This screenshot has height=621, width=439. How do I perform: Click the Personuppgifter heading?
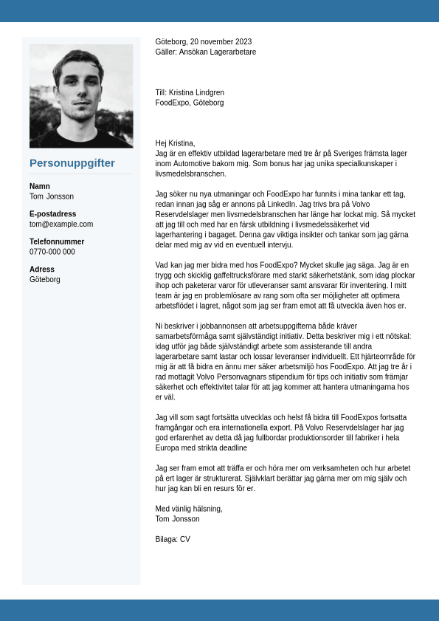pos(72,163)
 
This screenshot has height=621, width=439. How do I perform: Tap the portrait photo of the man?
pos(81,96)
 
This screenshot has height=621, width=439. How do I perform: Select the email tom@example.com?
pos(61,224)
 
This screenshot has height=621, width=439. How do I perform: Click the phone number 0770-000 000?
pos(52,252)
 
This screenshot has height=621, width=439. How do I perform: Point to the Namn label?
pos(40,186)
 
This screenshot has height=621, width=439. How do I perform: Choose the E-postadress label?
pos(53,214)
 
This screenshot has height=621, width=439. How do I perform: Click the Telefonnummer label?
pos(57,241)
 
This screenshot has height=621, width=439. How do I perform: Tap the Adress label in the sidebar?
pos(42,270)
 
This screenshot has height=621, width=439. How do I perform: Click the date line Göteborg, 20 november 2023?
pos(203,42)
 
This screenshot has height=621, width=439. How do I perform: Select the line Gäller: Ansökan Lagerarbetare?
pos(206,52)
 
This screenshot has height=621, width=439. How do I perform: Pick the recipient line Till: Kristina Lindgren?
pos(190,93)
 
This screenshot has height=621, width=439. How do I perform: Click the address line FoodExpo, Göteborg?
pos(190,103)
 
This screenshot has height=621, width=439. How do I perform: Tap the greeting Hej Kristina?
pos(175,143)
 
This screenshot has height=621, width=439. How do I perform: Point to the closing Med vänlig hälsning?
pos(189,509)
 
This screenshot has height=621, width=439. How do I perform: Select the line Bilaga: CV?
pos(173,540)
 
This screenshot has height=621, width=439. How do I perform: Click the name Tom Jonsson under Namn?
pos(52,197)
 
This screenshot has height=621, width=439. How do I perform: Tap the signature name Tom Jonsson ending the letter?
pos(178,519)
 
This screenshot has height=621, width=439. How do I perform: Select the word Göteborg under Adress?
pos(45,280)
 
